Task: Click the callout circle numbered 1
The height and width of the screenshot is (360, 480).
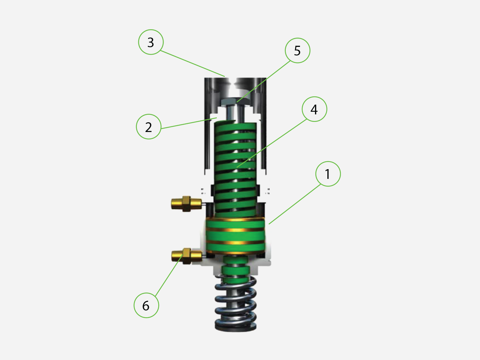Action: tap(328, 174)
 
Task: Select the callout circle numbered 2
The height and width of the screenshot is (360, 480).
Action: tap(148, 127)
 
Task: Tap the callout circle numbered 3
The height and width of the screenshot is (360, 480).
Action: tap(151, 42)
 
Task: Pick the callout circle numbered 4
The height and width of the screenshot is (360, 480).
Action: tap(314, 109)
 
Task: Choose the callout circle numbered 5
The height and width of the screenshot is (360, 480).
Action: tap(297, 50)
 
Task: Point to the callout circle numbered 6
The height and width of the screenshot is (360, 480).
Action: tap(146, 305)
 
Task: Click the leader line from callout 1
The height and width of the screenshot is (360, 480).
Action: tap(294, 205)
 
